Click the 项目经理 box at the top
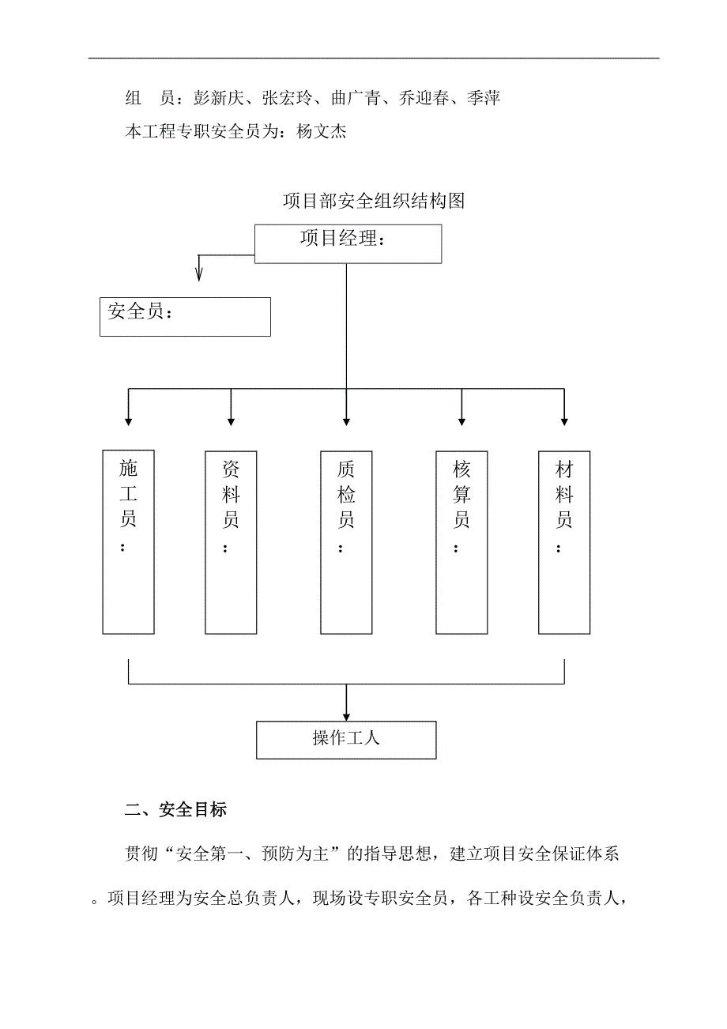pos(348,243)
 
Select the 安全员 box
pos(185,316)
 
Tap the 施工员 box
pos(128,541)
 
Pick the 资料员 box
pos(231,541)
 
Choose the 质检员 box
pos(346,541)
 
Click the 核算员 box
pos(461,541)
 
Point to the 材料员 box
pos(564,541)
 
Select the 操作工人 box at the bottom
pos(346,740)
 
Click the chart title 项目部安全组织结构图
pos(374,201)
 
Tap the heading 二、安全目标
pos(176,810)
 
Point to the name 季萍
pos(483,99)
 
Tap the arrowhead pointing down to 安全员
pos(199,274)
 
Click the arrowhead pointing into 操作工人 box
pos(346,714)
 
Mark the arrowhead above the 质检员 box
pos(346,420)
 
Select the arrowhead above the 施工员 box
pos(128,420)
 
